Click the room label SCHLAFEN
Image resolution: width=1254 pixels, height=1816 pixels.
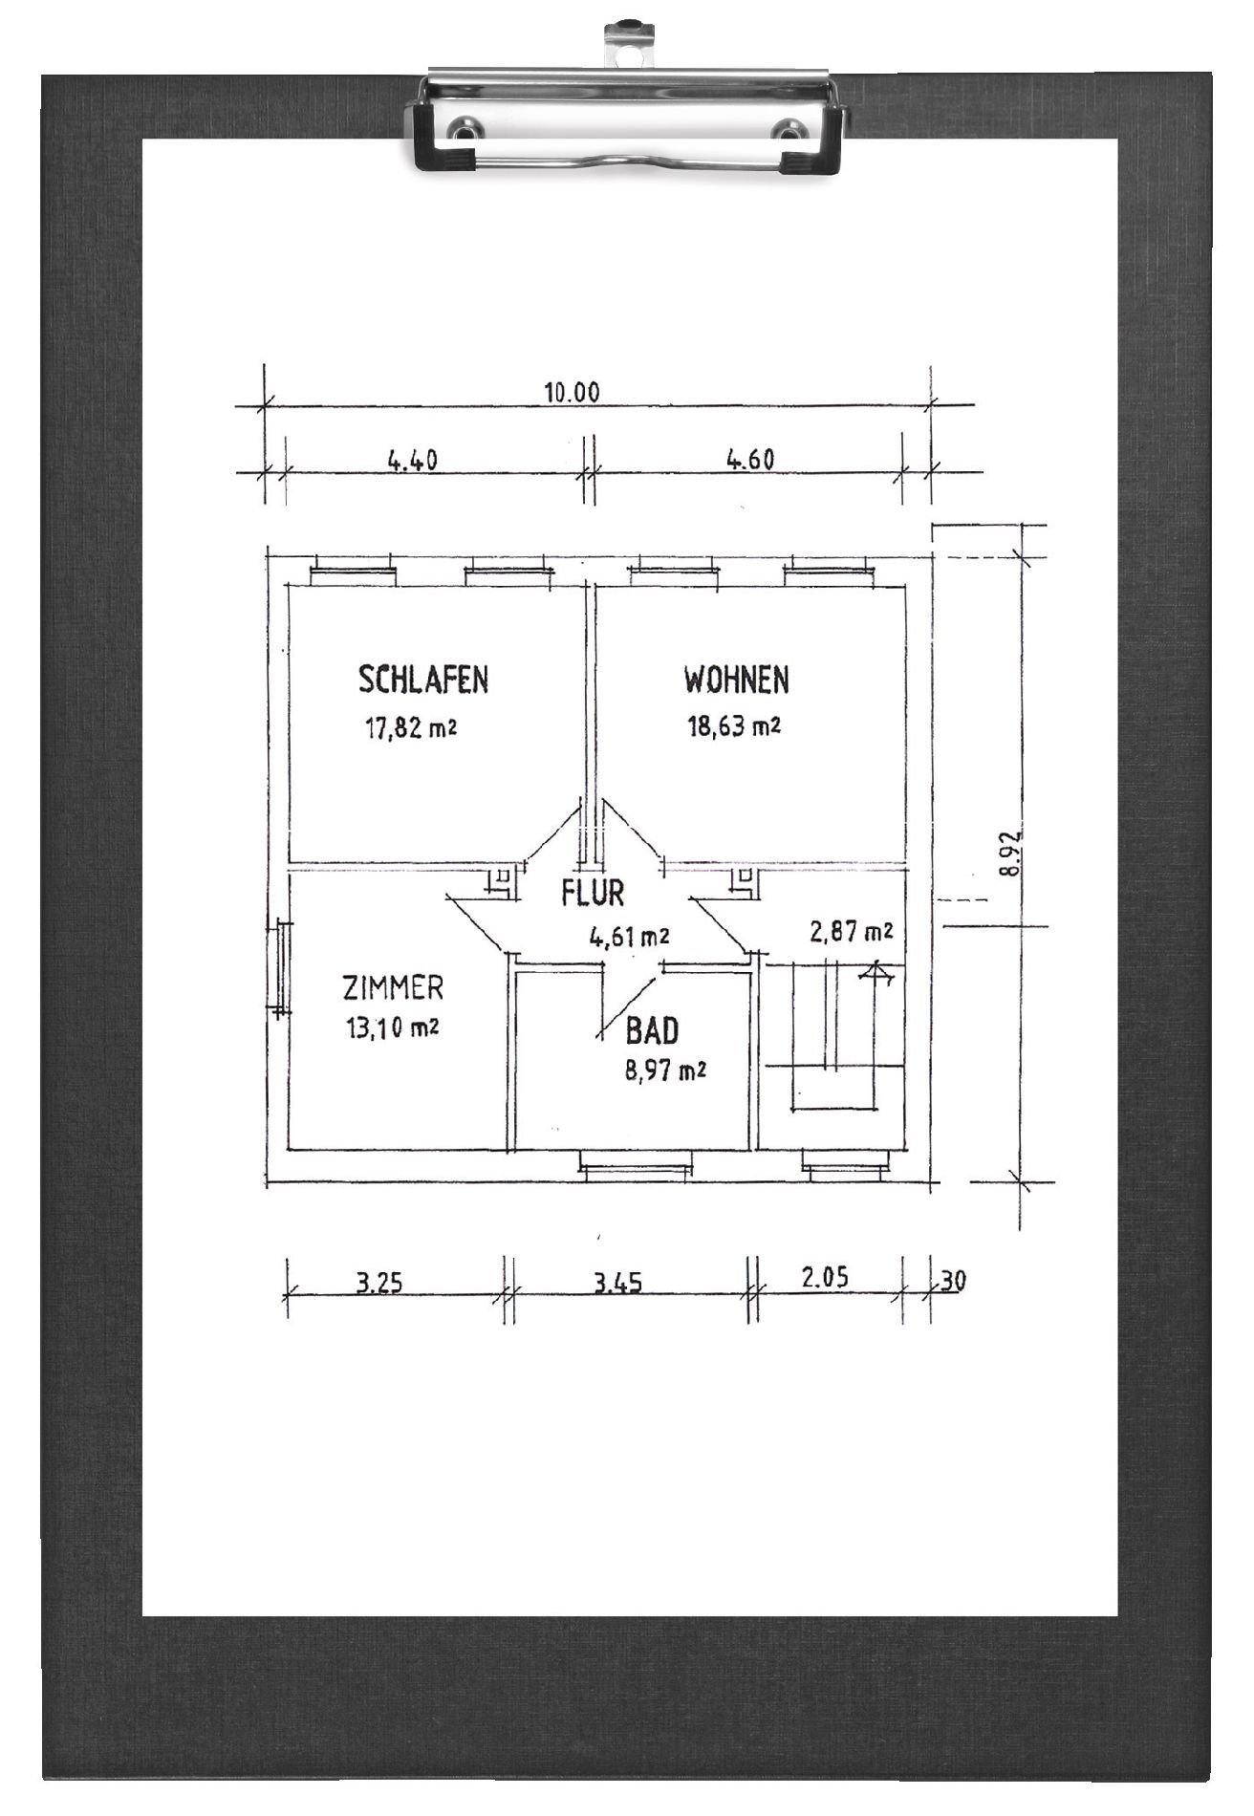(423, 680)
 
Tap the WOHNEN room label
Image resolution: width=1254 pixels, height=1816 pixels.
(736, 680)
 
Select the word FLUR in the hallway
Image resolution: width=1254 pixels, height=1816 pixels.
(593, 893)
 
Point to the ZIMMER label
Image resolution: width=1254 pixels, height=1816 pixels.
(393, 987)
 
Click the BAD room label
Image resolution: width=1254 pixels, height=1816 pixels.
(652, 1031)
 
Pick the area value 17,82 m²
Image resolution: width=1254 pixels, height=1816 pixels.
(409, 730)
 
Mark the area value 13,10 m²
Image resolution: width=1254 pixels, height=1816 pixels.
(393, 1028)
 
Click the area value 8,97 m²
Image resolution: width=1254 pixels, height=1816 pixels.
(665, 1070)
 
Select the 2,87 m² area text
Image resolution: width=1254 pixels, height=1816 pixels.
(852, 931)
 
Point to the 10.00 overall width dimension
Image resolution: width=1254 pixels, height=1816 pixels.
(572, 393)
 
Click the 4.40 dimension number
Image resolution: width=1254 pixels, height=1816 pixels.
(412, 461)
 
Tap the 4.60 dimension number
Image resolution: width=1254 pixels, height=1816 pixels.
(749, 461)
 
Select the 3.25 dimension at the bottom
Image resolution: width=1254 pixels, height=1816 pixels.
(378, 1283)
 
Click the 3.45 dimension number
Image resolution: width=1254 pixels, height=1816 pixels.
(616, 1283)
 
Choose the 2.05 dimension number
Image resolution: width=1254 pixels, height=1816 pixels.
(825, 1278)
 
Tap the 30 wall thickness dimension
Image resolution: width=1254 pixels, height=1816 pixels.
(953, 1281)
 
